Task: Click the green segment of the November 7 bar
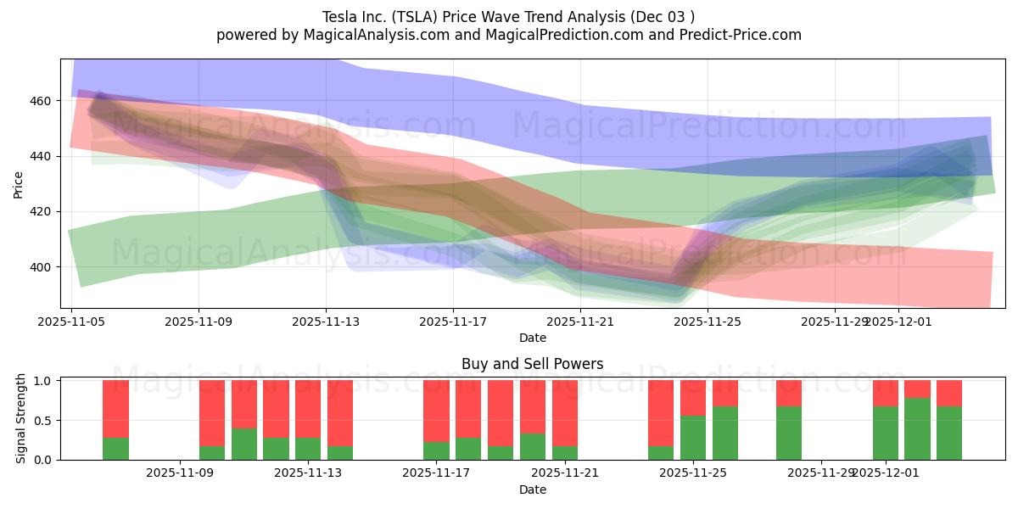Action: (115, 448)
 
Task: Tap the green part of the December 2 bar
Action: (917, 428)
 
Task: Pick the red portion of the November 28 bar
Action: (789, 393)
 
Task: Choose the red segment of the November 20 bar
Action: (533, 406)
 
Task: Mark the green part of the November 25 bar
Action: (693, 438)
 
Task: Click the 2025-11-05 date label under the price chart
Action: (72, 322)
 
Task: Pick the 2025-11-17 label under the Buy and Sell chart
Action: (437, 473)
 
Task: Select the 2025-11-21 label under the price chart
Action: (580, 322)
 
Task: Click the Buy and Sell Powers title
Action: (532, 364)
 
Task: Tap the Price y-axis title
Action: (19, 184)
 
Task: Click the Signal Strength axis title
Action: (21, 420)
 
